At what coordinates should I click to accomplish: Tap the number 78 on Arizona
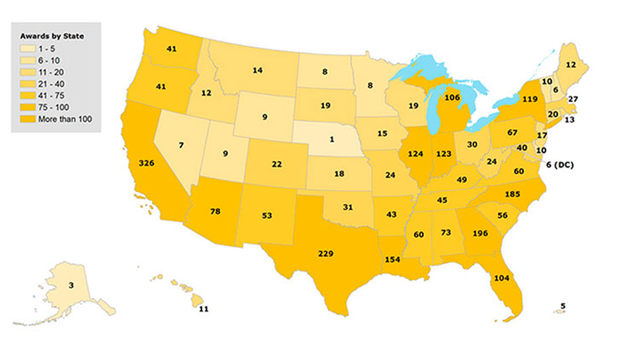215,212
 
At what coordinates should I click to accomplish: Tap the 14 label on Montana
257,70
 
